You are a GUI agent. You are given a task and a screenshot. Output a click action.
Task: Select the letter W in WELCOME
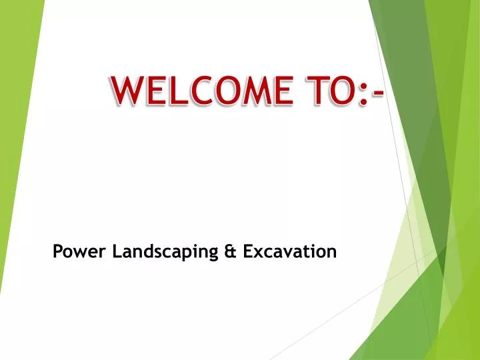128,90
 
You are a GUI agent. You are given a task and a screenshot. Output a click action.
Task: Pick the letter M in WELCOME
257,90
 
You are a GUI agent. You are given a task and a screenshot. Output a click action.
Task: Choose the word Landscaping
165,252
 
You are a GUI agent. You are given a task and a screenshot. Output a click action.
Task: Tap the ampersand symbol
231,251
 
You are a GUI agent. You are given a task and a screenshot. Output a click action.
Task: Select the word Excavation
290,251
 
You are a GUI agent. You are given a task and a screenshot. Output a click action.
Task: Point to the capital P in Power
58,251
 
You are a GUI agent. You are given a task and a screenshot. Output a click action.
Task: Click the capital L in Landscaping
117,251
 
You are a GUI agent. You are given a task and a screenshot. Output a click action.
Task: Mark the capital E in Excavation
248,251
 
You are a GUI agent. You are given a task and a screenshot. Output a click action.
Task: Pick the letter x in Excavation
259,253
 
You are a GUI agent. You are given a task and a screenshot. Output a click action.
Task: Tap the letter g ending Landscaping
213,255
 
